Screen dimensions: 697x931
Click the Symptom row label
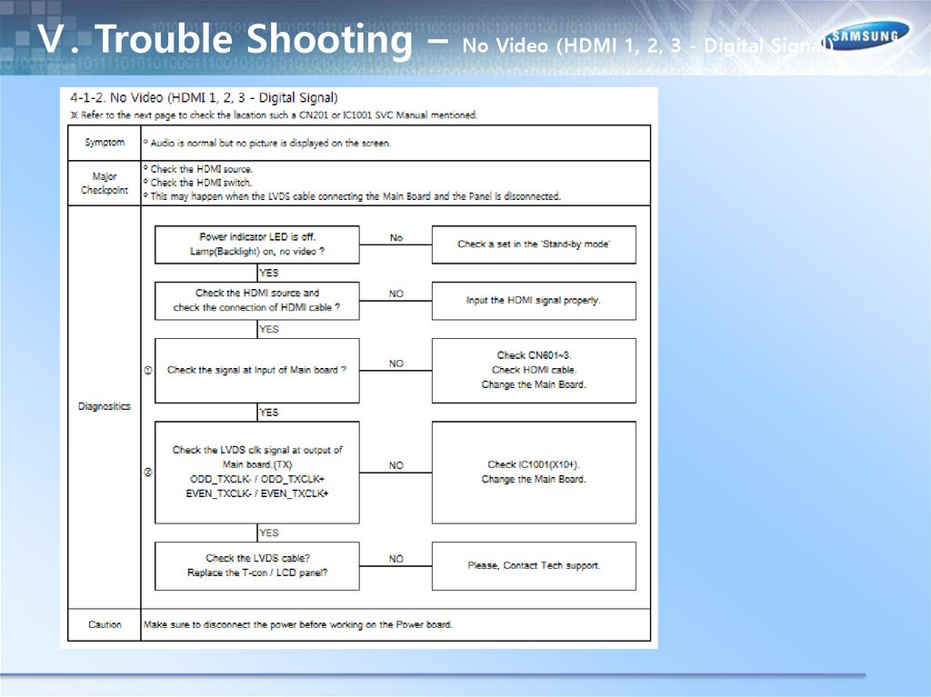(105, 143)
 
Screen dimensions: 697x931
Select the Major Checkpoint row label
(105, 184)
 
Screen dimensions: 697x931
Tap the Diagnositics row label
(105, 406)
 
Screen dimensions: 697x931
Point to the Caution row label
(105, 624)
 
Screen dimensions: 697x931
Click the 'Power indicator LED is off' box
(256, 244)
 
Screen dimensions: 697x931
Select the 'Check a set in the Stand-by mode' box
(534, 244)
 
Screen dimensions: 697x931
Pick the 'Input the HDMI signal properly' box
(534, 301)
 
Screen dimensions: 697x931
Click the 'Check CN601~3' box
(534, 370)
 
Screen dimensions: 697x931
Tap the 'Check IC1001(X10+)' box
(534, 472)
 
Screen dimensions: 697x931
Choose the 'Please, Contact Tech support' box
(534, 565)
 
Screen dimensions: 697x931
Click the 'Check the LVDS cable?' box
(256, 565)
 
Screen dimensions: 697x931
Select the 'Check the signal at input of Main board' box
(256, 370)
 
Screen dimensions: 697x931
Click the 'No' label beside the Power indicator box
(396, 238)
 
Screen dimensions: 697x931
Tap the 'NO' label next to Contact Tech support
(396, 559)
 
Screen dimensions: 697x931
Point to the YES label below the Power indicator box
(269, 273)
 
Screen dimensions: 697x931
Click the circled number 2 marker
(148, 472)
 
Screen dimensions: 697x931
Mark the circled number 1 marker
(148, 370)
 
